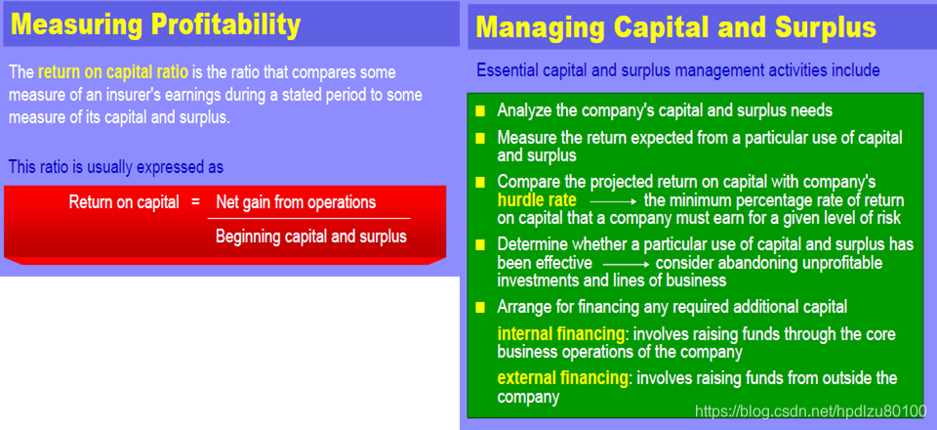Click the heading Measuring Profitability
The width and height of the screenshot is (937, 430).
(x=156, y=24)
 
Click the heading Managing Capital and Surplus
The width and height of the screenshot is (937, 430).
(x=675, y=27)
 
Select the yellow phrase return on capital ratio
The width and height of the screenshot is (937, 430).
(x=113, y=73)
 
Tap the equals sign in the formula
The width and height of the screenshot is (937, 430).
(x=195, y=202)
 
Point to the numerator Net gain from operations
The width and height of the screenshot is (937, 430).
(x=296, y=202)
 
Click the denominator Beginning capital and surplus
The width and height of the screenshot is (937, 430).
(x=310, y=236)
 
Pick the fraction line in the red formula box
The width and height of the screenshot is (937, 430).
(x=309, y=219)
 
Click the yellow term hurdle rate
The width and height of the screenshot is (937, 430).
(x=537, y=199)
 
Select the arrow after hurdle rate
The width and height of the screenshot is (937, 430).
(x=614, y=201)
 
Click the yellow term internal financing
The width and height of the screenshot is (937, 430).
(x=560, y=333)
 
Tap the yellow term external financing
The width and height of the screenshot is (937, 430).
(x=562, y=378)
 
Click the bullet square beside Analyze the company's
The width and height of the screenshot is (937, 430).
(x=480, y=111)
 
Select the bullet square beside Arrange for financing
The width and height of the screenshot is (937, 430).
(x=480, y=308)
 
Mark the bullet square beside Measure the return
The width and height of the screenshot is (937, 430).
(x=480, y=139)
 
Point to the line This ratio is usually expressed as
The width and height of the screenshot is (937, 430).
(x=116, y=167)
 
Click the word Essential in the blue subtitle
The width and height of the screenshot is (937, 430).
(x=508, y=70)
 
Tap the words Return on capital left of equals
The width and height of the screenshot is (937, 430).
(x=124, y=202)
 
